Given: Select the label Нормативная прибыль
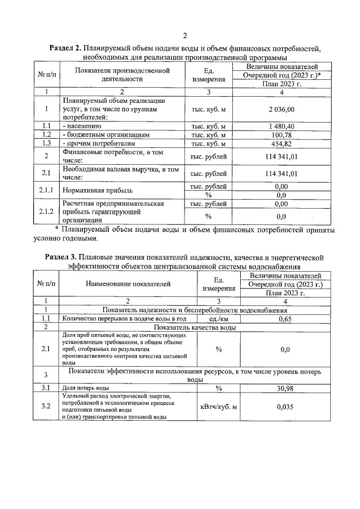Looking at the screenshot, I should [93, 191].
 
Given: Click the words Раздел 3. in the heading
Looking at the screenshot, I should [62, 257].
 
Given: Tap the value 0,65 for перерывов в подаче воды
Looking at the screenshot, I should [285, 318].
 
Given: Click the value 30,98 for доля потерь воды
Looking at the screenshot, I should [285, 388].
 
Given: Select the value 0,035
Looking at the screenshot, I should [285, 407].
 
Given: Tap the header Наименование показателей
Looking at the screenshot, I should [123, 284].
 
